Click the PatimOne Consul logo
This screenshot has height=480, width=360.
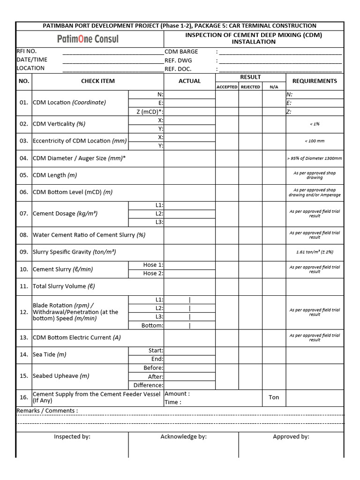pyautogui.click(x=88, y=39)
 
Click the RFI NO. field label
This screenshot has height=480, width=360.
pyautogui.click(x=26, y=51)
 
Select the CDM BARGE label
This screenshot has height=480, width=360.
pyautogui.click(x=181, y=52)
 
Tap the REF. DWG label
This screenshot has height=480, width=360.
pyautogui.click(x=178, y=60)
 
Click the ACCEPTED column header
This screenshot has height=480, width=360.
pyautogui.click(x=227, y=87)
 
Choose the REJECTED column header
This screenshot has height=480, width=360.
pyautogui.click(x=250, y=87)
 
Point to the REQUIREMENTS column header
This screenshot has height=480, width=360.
pyautogui.click(x=315, y=81)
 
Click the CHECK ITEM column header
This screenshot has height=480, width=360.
pyautogui.click(x=97, y=81)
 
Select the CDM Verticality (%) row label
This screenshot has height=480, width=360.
pyautogui.click(x=59, y=124)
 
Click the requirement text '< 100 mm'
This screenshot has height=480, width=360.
pyautogui.click(x=315, y=141)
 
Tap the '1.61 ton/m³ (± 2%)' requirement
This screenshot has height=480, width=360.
pyautogui.click(x=315, y=252)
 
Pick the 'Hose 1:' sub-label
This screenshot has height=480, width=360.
pyautogui.click(x=153, y=265)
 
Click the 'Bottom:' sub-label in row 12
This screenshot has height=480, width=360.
pyautogui.click(x=152, y=325)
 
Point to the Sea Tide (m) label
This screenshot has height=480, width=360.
pyautogui.click(x=49, y=354)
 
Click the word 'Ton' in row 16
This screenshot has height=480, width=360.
pyautogui.click(x=274, y=397)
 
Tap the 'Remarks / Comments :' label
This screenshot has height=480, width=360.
pyautogui.click(x=47, y=411)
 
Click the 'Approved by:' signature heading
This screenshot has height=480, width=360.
pyautogui.click(x=291, y=436)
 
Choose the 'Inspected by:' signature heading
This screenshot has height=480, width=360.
pyautogui.click(x=72, y=436)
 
